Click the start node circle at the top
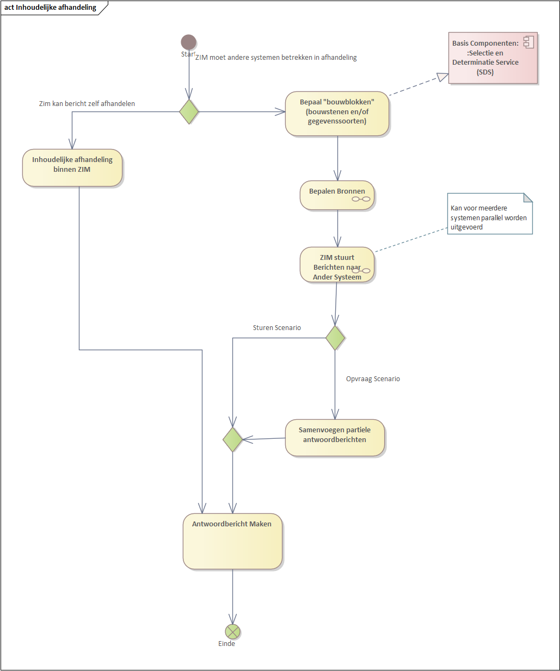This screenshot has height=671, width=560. (188, 42)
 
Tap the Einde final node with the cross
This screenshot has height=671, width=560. (232, 631)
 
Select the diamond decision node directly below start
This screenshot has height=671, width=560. (189, 111)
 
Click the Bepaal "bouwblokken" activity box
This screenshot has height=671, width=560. (337, 113)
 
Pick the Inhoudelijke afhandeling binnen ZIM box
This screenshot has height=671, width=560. (72, 167)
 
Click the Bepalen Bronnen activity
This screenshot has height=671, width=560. (337, 195)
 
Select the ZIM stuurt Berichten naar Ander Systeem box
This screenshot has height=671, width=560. (337, 265)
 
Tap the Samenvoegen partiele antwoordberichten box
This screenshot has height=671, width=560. (335, 437)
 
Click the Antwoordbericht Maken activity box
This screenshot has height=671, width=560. (232, 541)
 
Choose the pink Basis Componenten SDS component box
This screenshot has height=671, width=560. (493, 58)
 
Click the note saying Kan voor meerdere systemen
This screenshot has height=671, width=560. (489, 214)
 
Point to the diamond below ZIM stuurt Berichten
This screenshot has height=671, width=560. (335, 338)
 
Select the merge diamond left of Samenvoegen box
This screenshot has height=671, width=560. (232, 439)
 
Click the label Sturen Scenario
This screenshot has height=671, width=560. (276, 328)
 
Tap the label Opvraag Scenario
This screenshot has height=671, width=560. (373, 379)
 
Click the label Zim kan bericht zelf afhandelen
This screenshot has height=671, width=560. (87, 103)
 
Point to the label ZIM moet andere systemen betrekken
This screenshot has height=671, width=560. (276, 57)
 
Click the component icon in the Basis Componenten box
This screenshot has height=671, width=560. (528, 42)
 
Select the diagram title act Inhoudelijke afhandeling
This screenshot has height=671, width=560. (51, 8)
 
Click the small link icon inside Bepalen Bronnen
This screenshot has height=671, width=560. (361, 199)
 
